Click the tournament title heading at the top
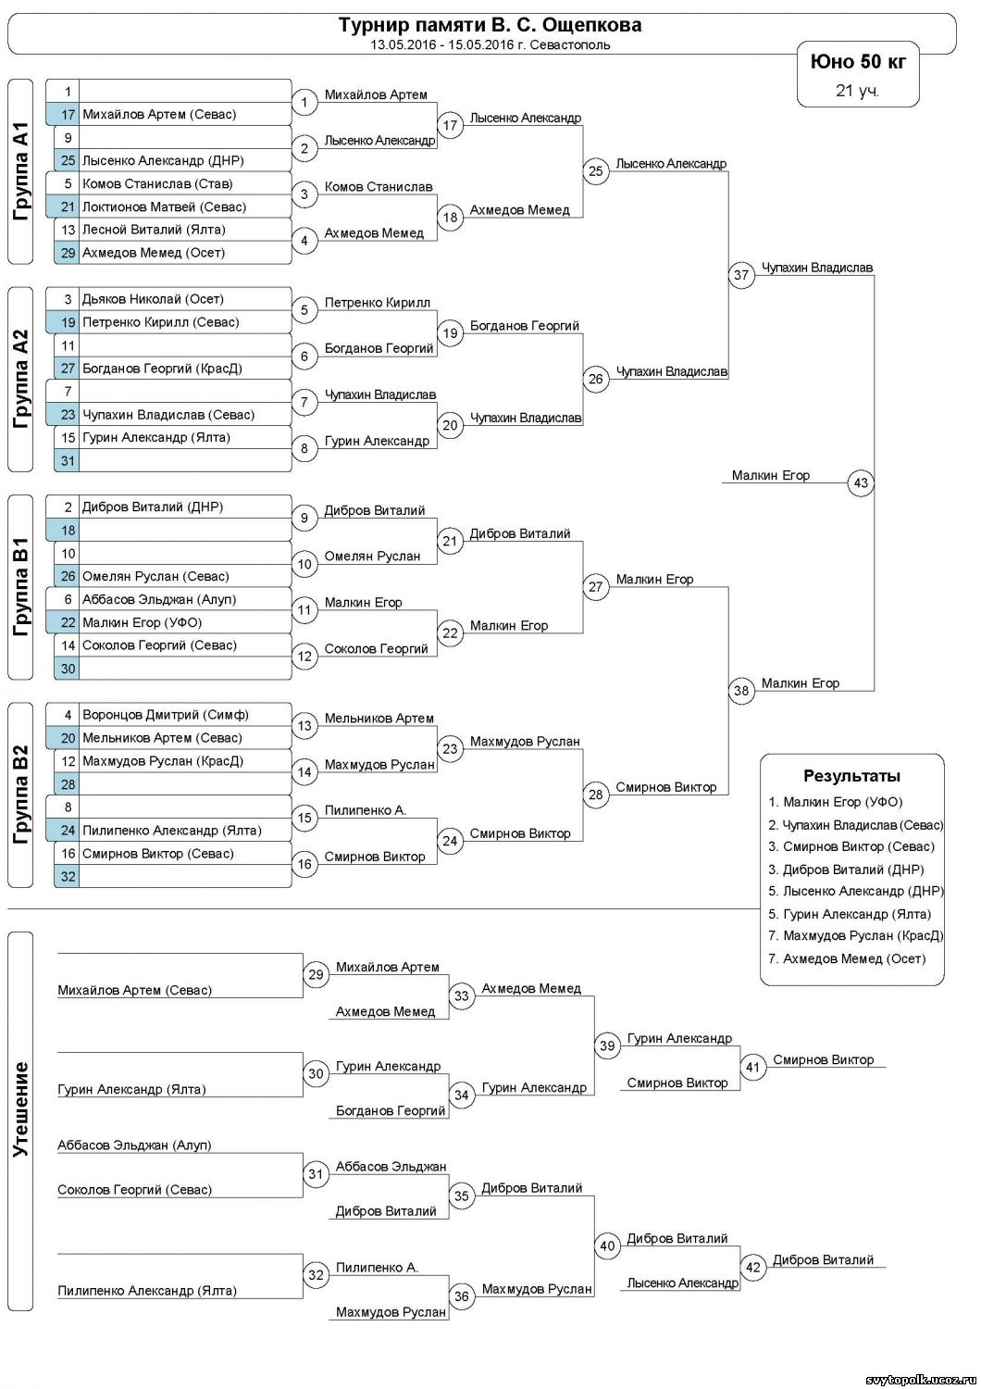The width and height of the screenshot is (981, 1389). click(490, 25)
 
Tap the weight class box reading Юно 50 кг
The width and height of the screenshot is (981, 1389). click(858, 62)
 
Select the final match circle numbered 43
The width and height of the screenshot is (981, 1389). click(862, 482)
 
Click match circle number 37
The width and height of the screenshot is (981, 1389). click(741, 275)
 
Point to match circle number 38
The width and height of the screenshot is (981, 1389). click(741, 691)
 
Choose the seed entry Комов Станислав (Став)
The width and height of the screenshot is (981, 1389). click(157, 183)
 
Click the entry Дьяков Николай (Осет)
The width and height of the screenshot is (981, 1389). click(153, 299)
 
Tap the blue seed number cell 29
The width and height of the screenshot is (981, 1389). click(68, 253)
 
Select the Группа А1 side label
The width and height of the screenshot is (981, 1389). click(21, 171)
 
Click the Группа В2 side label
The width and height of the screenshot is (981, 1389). click(21, 795)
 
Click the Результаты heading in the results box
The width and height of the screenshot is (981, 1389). click(851, 776)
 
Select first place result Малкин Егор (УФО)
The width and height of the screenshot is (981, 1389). click(842, 802)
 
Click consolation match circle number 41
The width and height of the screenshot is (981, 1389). click(753, 1068)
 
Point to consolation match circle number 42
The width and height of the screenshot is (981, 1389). click(753, 1268)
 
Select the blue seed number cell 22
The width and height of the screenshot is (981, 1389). click(68, 623)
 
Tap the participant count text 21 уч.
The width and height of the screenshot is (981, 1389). click(857, 91)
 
